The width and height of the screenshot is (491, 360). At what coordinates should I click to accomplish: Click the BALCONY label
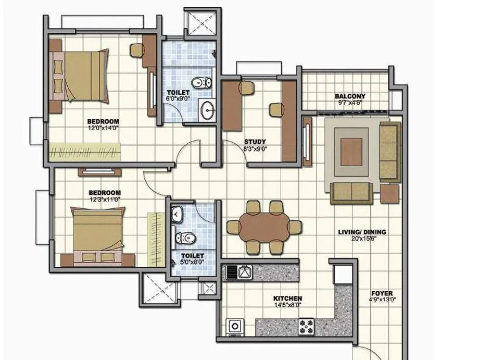point(350,96)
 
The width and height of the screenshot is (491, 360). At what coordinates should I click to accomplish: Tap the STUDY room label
point(255,141)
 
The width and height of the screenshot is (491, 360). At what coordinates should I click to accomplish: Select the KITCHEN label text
point(288,299)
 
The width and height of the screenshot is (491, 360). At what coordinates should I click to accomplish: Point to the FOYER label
point(382,293)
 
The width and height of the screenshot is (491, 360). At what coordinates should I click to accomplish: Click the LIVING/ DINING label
point(362,232)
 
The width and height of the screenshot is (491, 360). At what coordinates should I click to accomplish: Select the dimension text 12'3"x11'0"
point(105,199)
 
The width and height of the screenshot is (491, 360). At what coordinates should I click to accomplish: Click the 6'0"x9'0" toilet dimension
point(178,98)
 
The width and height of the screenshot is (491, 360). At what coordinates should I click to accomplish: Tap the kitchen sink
point(243,271)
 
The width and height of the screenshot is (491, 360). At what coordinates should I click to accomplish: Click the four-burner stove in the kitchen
point(307,327)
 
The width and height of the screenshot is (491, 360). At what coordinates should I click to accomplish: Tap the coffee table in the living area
point(351,151)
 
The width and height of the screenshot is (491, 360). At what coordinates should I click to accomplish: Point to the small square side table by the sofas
point(389,193)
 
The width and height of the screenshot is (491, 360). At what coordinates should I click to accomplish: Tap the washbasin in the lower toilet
point(177,213)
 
